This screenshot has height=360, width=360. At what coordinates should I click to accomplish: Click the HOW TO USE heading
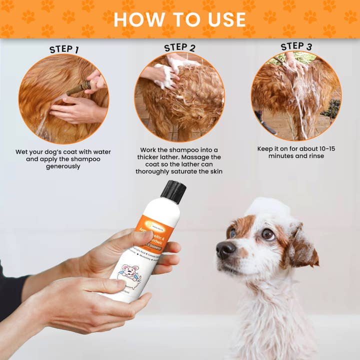pos(179,19)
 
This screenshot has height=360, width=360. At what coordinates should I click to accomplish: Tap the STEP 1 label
pos(64,49)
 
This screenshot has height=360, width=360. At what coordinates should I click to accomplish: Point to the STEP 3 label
pos(296,46)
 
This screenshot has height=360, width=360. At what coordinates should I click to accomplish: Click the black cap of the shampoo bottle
pos(173,191)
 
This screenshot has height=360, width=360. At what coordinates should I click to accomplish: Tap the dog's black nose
pos(226,249)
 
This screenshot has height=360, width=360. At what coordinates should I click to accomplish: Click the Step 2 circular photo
pos(179,97)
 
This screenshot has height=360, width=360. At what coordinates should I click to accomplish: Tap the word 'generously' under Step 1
pos(63,166)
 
